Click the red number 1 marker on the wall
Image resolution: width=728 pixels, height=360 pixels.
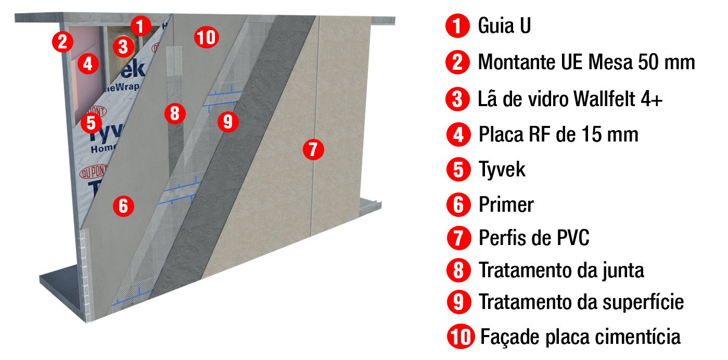pos(141,26)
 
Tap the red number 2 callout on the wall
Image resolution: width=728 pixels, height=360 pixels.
pos(63,42)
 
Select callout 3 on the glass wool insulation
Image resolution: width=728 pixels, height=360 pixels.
pos(123,46)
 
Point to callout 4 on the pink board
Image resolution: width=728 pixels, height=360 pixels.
pos(88,63)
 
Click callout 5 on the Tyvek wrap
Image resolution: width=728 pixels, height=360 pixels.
pos(91,123)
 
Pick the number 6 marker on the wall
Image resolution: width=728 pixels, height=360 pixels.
pos(123,206)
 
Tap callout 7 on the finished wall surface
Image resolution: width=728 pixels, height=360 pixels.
pos(313,149)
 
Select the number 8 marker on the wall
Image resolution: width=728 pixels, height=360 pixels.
pos(175,113)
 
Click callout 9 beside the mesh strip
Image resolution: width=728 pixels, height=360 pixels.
pos(228,122)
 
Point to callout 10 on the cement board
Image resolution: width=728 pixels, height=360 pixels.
pos(207,37)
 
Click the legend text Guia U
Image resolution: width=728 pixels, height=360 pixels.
pos(504,25)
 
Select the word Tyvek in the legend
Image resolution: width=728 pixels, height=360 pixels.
pos(502,169)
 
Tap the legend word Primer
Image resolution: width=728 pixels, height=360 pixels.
pos(506,204)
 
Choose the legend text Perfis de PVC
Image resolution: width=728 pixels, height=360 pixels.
pos(534,238)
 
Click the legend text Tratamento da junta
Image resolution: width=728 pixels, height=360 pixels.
pos(561,271)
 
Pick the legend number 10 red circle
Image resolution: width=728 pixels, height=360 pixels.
pos(461,336)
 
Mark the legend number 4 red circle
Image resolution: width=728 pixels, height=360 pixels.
pos(458,135)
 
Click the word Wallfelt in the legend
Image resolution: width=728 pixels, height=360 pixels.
pos(604,98)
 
